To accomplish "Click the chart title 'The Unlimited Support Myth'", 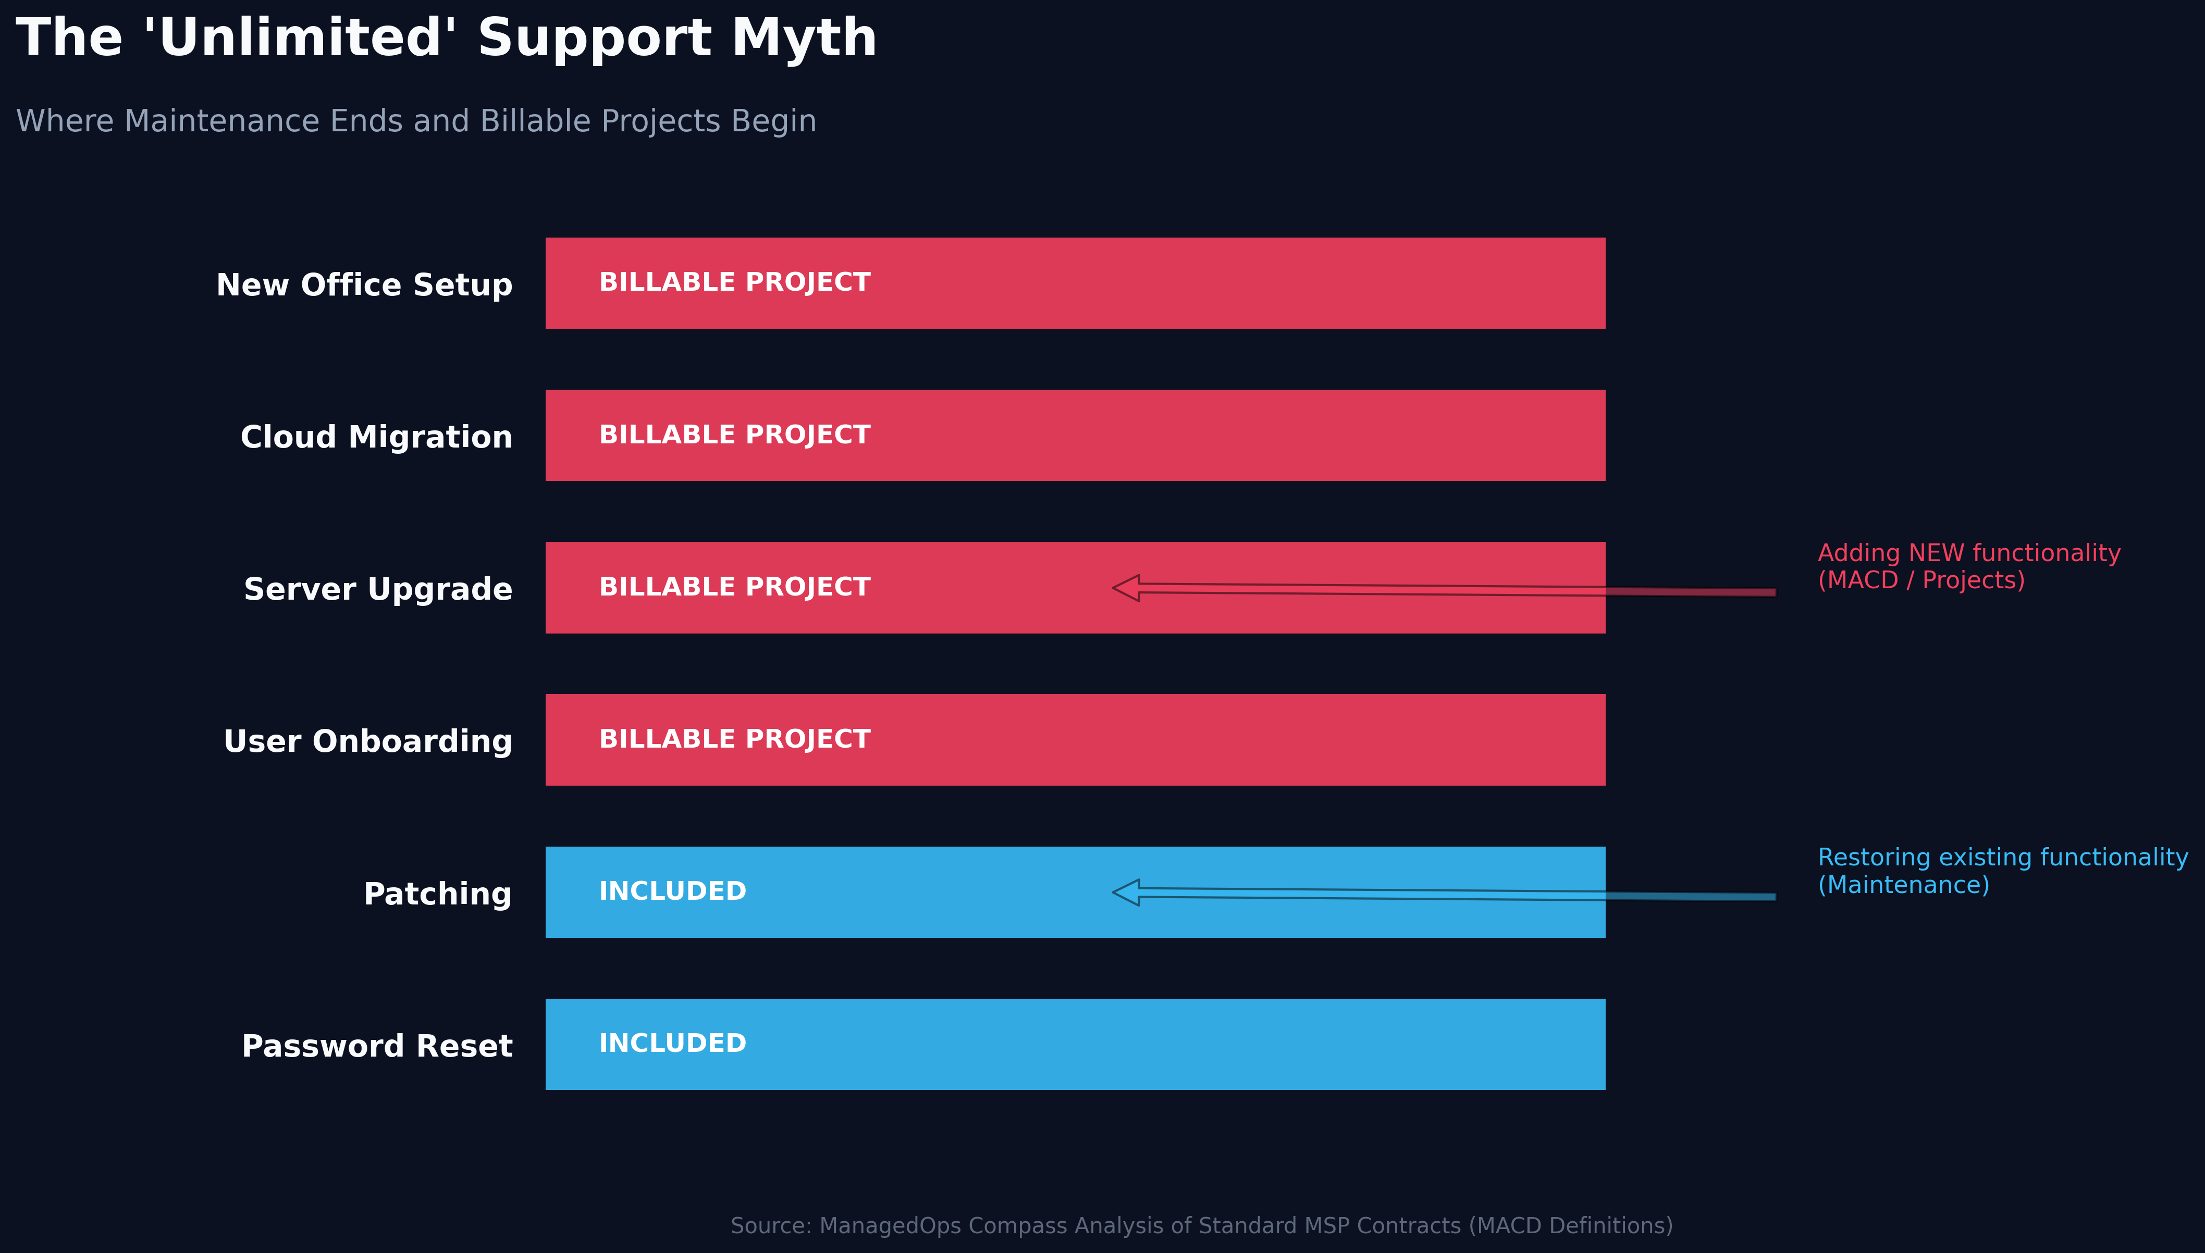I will (446, 39).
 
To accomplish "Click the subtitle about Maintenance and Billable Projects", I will (416, 121).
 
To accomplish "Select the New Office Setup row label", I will (364, 285).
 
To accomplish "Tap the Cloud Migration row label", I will (376, 437).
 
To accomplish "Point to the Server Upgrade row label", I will (378, 589).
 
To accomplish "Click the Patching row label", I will (437, 894).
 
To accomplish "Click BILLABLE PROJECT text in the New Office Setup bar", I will (734, 282).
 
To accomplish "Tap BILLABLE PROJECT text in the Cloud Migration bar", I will (734, 435).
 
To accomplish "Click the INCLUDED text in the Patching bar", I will (672, 891).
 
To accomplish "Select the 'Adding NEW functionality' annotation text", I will (1968, 566).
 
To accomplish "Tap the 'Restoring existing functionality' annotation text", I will (2002, 871).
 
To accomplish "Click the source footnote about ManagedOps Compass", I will (1201, 1225).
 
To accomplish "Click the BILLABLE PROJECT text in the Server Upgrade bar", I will (734, 587).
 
